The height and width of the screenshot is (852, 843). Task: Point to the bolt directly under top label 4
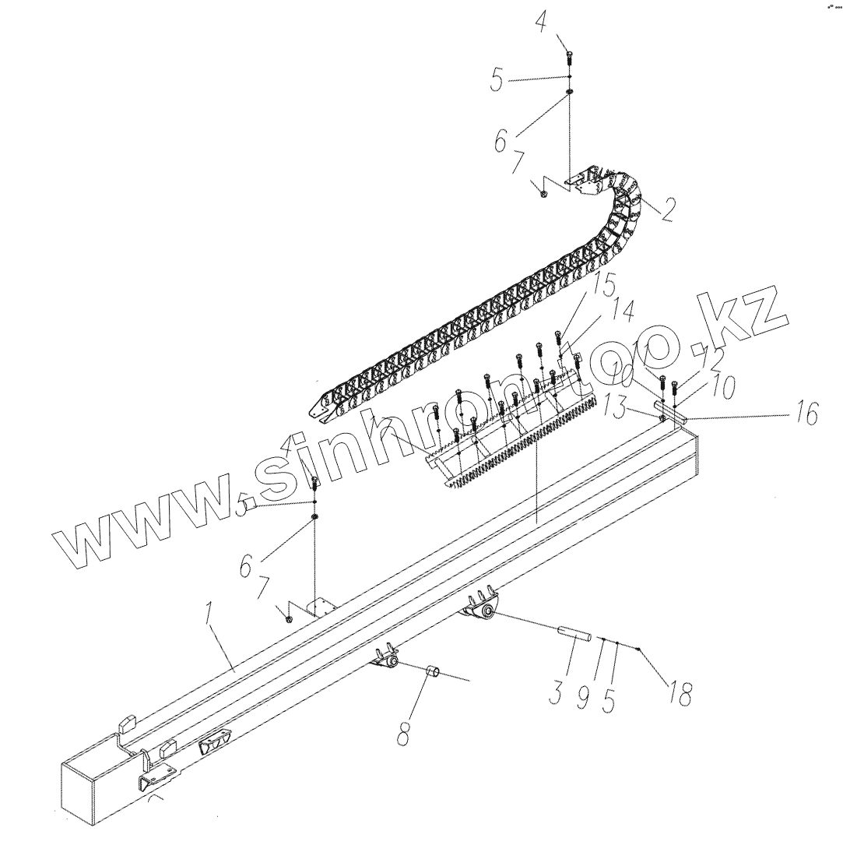pos(570,56)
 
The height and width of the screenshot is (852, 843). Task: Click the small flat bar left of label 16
pos(670,410)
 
